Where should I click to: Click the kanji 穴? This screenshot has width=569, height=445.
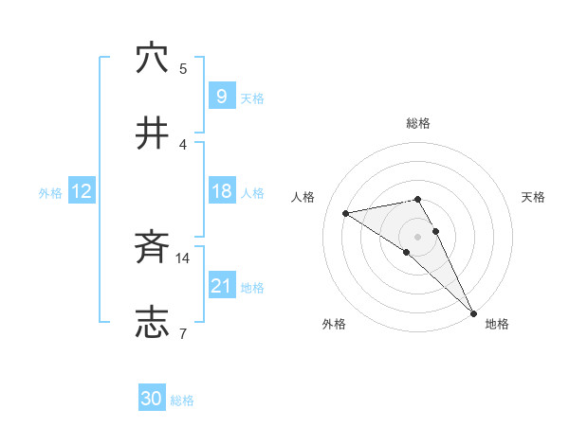click(152, 59)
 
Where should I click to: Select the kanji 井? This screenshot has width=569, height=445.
click(152, 133)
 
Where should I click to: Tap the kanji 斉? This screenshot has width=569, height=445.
click(152, 248)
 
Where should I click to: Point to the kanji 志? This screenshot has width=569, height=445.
click(152, 322)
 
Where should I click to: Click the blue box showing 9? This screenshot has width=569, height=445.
click(220, 97)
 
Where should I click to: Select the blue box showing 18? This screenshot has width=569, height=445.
click(221, 192)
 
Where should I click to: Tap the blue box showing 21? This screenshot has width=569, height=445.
click(221, 286)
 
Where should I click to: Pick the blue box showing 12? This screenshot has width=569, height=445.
click(81, 192)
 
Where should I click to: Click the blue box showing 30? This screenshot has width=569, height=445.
click(152, 399)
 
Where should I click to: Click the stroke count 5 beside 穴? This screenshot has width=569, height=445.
click(183, 68)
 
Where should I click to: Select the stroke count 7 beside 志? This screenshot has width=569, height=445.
click(183, 332)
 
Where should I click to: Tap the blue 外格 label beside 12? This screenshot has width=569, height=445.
click(50, 193)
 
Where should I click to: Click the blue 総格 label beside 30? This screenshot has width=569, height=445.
click(182, 400)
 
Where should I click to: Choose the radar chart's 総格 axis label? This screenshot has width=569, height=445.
click(418, 123)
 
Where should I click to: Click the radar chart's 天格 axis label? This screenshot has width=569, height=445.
click(533, 197)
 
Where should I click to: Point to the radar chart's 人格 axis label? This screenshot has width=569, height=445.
click(303, 197)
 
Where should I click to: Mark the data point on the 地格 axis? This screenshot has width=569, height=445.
click(473, 311)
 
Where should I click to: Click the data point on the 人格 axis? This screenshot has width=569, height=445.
click(346, 213)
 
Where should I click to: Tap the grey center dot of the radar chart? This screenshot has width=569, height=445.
click(418, 236)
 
